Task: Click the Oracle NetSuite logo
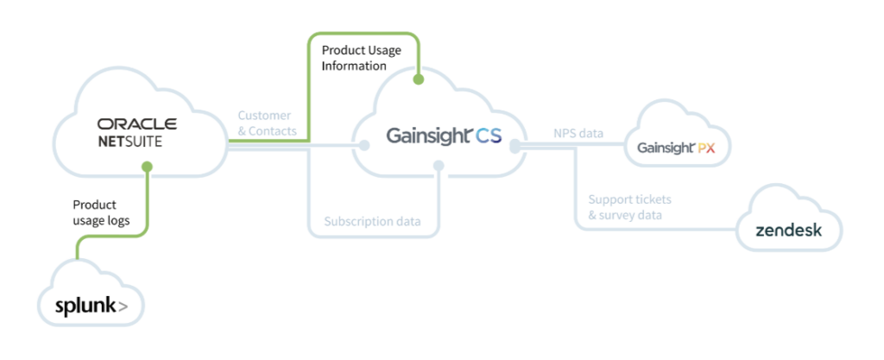pyautogui.click(x=137, y=132)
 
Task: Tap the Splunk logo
pyautogui.click(x=91, y=306)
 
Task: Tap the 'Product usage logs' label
pyautogui.click(x=101, y=212)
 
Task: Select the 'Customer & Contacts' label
pyautogui.click(x=267, y=123)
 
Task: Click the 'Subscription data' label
pyautogui.click(x=373, y=222)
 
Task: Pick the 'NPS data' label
pyautogui.click(x=578, y=134)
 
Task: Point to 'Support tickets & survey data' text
pyautogui.click(x=626, y=207)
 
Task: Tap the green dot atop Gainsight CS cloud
pyautogui.click(x=419, y=79)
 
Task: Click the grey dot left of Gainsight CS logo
pyautogui.click(x=364, y=145)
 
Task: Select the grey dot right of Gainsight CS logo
pyautogui.click(x=515, y=148)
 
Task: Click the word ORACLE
pyautogui.click(x=137, y=124)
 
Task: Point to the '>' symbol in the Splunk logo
pyautogui.click(x=124, y=306)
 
